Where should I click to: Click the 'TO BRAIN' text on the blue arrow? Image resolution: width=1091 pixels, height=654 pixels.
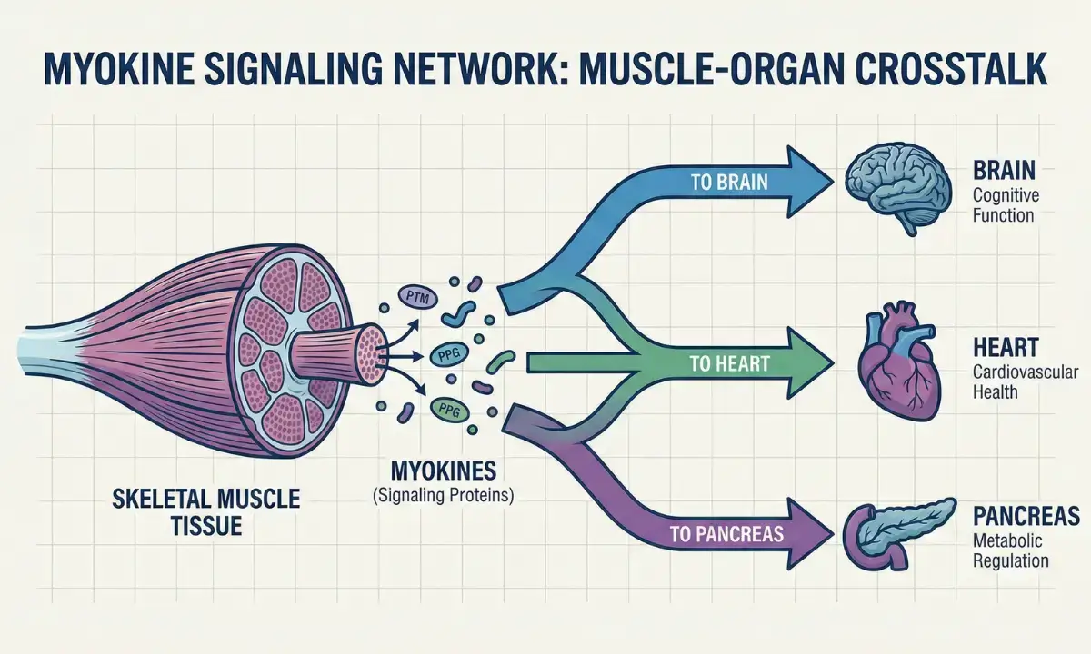click(x=729, y=182)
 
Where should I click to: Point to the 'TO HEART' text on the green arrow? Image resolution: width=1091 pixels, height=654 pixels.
click(x=729, y=364)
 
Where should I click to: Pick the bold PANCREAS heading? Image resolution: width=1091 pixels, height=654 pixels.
click(x=1026, y=516)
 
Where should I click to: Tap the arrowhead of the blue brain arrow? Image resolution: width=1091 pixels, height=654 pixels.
click(x=812, y=182)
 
